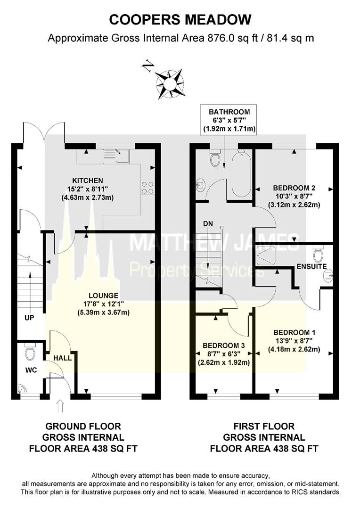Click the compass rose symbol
(170, 84)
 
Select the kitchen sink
(116, 156)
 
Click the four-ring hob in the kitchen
(147, 188)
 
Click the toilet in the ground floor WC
(30, 353)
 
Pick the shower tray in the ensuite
(266, 255)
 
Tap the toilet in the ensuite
(318, 253)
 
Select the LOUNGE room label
(104, 296)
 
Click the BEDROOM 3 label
(224, 346)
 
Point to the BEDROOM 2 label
(294, 188)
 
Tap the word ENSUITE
(311, 266)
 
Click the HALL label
(62, 358)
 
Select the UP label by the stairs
(29, 318)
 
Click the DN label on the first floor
(208, 224)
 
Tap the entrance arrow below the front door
(60, 406)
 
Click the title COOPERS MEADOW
(180, 20)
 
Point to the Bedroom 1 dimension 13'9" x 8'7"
(294, 341)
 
